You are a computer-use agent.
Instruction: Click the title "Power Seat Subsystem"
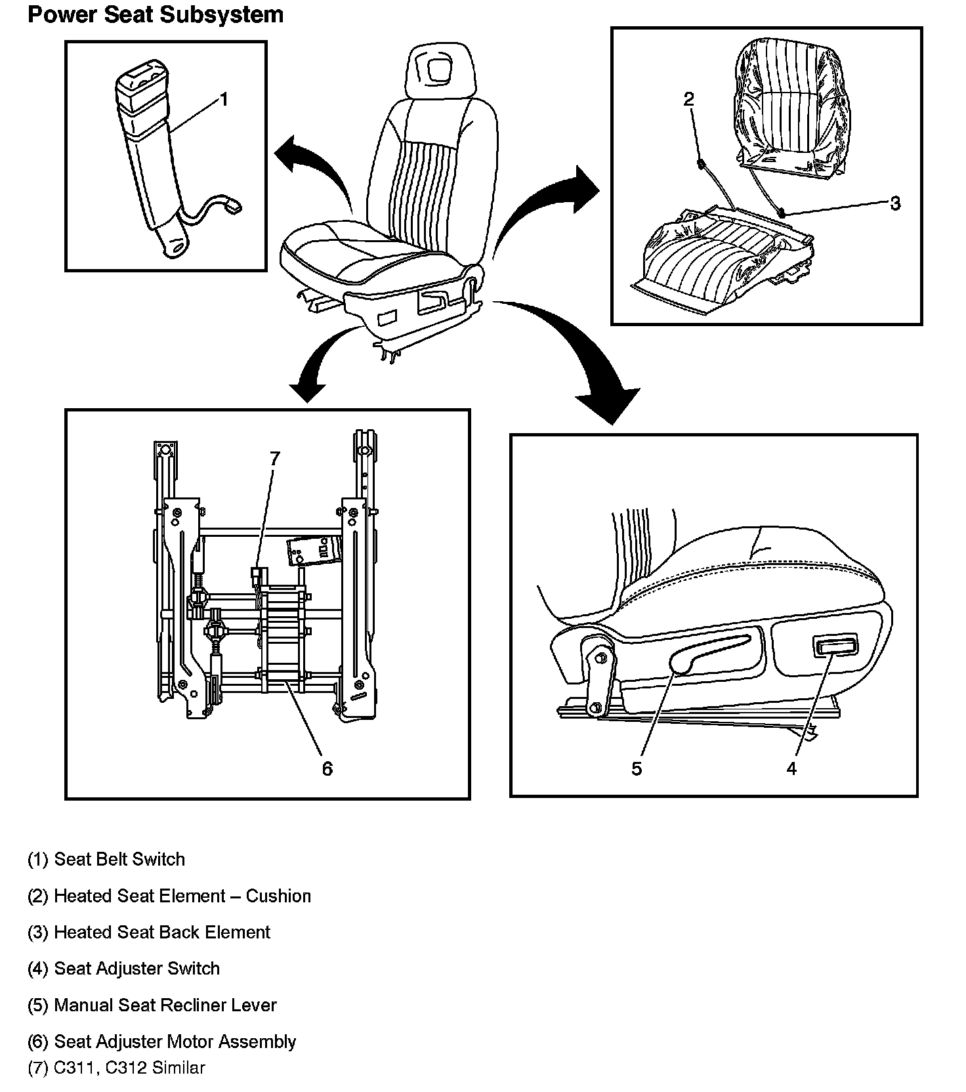[156, 14]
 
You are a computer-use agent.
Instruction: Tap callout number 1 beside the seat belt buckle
[223, 100]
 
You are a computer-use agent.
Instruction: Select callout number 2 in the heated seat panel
[688, 99]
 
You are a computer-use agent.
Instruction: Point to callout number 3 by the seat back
[895, 203]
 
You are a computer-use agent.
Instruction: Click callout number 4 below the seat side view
[791, 768]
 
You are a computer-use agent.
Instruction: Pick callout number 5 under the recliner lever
[637, 768]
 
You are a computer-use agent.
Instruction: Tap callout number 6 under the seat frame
[327, 768]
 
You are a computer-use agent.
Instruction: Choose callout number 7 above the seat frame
[274, 458]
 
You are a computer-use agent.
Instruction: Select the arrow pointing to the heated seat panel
[551, 200]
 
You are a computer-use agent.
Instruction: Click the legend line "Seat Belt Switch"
[106, 860]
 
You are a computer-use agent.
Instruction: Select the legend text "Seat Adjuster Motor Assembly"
[161, 1041]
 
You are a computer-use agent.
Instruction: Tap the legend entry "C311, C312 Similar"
[116, 1068]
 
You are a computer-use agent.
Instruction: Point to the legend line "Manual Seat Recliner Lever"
[152, 1005]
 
